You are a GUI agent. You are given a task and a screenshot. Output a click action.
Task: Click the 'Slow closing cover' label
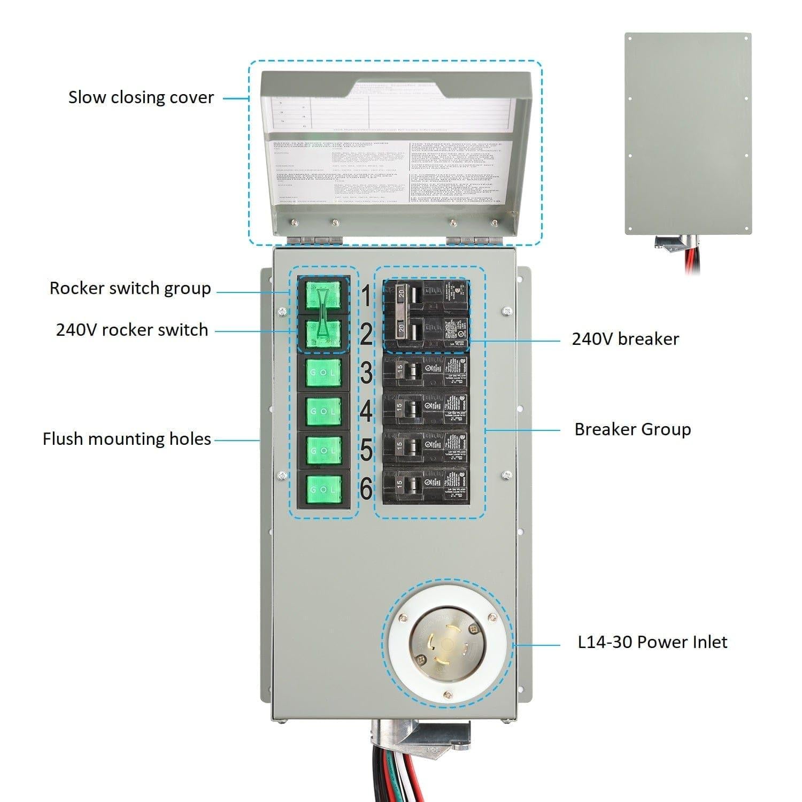(141, 97)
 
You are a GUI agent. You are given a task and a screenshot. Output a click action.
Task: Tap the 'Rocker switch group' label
(130, 288)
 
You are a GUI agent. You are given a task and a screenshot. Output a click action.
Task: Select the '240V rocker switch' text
(132, 330)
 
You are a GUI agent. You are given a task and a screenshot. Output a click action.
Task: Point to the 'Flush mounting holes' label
(127, 439)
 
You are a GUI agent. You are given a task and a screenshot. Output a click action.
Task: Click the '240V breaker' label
(625, 339)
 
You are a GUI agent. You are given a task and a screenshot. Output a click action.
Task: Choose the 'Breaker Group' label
(633, 429)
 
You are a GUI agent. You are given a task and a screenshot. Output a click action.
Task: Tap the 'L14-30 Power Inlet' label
(652, 642)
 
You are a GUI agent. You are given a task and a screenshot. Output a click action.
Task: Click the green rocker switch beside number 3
(323, 373)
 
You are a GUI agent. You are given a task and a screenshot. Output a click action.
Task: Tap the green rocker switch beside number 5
(323, 450)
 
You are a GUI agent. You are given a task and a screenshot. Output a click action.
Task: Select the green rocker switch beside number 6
(323, 489)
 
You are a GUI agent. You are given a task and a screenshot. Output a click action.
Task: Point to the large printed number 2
(366, 335)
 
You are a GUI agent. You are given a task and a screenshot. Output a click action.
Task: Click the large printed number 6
(366, 488)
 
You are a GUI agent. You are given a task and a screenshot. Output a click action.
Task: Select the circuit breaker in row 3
(426, 372)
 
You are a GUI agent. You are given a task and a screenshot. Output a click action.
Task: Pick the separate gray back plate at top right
(688, 134)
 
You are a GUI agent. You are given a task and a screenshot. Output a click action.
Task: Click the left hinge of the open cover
(314, 240)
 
